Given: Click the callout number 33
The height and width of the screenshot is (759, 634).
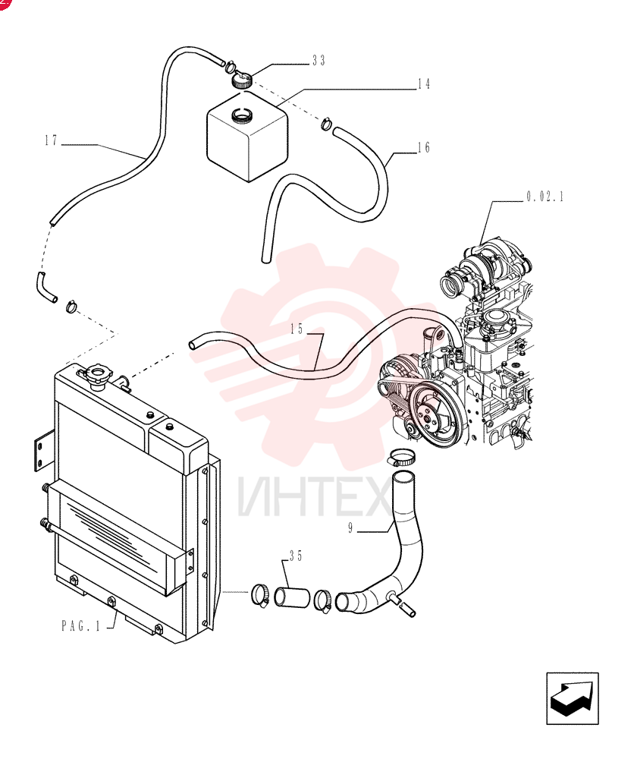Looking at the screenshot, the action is pos(319,61).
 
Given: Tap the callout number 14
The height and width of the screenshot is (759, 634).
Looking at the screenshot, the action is pos(424,84).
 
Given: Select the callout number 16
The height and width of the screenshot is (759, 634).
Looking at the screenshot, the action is pos(424,148).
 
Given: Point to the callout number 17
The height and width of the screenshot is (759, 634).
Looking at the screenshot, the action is pos(52,141).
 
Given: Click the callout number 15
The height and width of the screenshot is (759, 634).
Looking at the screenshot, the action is pos(297,329).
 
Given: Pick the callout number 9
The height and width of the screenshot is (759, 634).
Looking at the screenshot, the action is pos(350,528).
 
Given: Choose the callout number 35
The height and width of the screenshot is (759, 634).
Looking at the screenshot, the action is pos(296,556).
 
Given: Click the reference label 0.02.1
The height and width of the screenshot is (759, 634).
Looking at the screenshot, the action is pos(545,197).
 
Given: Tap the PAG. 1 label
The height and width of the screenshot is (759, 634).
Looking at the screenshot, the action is pos(80,626).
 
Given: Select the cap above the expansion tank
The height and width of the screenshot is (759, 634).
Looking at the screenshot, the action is pos(241,80).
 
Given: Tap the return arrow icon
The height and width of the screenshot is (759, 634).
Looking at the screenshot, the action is pos(573,698).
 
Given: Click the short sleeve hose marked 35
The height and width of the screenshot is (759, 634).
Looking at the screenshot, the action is pos(292,597).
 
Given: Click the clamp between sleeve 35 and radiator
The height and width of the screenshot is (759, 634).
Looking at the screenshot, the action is pos(259,595).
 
